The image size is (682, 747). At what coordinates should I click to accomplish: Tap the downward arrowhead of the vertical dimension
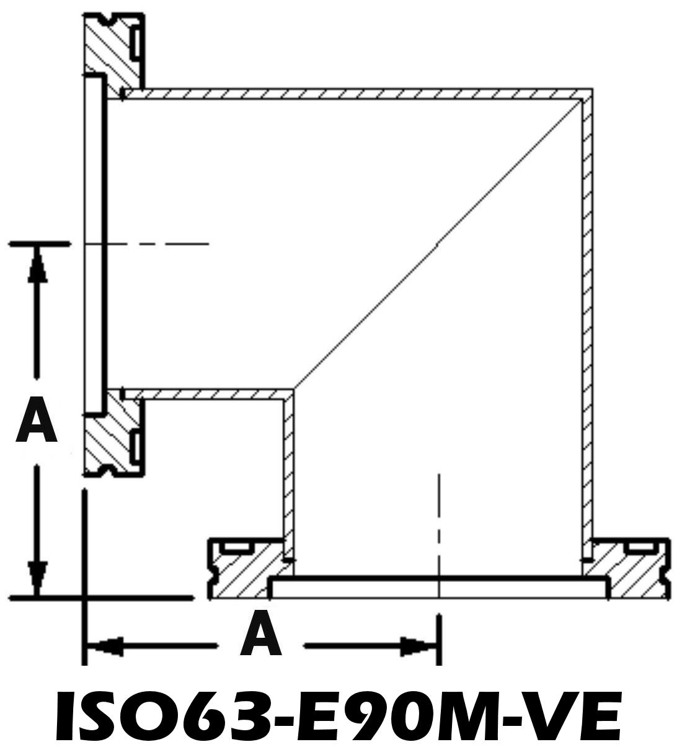pos(37,577)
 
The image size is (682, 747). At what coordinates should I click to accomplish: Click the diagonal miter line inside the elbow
pos(438,244)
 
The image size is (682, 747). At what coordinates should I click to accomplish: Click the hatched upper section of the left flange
pos(112,52)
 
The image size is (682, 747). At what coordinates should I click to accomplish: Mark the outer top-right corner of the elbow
pos(592,89)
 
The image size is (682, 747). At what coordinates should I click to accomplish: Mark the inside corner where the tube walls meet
pos(294,390)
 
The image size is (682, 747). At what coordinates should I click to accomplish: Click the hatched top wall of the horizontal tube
pos(357,94)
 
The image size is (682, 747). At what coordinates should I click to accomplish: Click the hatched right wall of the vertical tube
pos(587,320)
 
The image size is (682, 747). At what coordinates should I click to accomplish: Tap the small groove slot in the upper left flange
pos(136,42)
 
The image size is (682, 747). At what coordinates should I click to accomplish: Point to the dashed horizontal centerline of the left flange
pos(147,244)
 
